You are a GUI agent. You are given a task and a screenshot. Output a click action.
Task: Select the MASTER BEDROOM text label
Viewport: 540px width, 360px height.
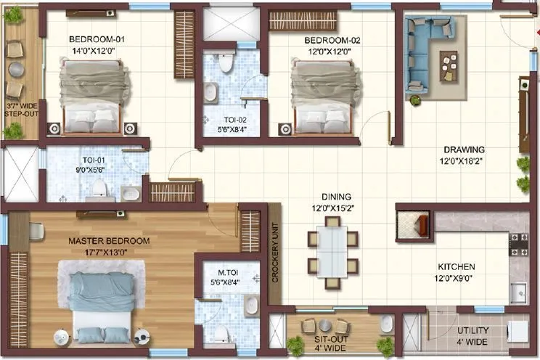click(x=109, y=240)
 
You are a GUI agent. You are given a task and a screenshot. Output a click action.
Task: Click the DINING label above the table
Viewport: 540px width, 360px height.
click(x=337, y=197)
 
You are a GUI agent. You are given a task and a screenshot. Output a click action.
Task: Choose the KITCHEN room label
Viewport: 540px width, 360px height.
click(x=456, y=266)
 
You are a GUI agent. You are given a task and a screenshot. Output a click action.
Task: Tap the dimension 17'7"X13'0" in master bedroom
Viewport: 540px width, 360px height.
click(x=109, y=253)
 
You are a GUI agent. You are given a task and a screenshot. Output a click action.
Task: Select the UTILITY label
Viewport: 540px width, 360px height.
click(x=473, y=331)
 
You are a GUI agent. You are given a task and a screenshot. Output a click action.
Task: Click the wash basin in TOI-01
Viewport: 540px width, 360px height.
click(x=130, y=193)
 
